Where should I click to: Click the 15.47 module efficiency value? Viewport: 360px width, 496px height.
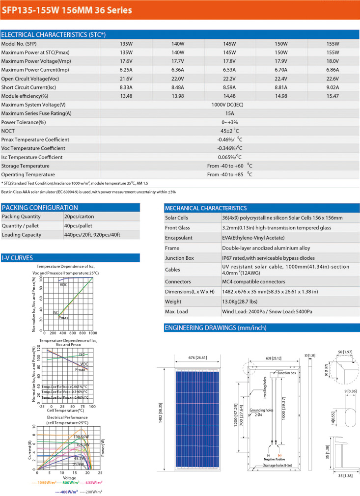(x=333, y=96)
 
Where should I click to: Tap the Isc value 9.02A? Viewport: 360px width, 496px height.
(x=333, y=87)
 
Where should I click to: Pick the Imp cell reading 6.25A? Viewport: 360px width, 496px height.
(x=126, y=70)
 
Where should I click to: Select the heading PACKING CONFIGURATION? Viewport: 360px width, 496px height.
(x=40, y=208)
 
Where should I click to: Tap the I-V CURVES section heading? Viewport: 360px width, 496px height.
(x=17, y=257)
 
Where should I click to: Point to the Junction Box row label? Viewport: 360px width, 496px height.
(x=180, y=258)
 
